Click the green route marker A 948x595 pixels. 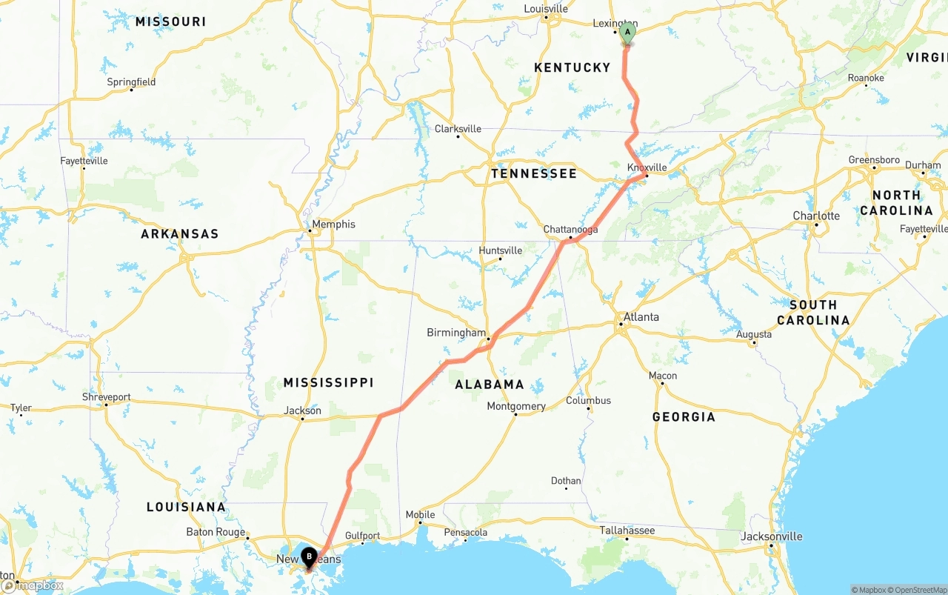click(627, 33)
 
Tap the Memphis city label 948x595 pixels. click(333, 224)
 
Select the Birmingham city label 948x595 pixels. click(456, 333)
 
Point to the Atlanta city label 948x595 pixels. click(641, 316)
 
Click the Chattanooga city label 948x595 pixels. click(570, 230)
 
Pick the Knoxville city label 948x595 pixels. click(647, 167)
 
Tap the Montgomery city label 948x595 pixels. click(516, 406)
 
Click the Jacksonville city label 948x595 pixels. click(774, 536)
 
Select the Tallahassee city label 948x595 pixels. click(627, 531)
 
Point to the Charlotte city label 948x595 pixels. click(816, 216)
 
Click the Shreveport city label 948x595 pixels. click(106, 397)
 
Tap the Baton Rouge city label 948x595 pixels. click(216, 532)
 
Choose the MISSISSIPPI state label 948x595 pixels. click(328, 382)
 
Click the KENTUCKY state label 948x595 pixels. click(573, 67)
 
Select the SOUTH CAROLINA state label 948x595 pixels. click(812, 312)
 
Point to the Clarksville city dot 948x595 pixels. click(458, 136)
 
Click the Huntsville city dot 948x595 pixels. click(500, 259)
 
